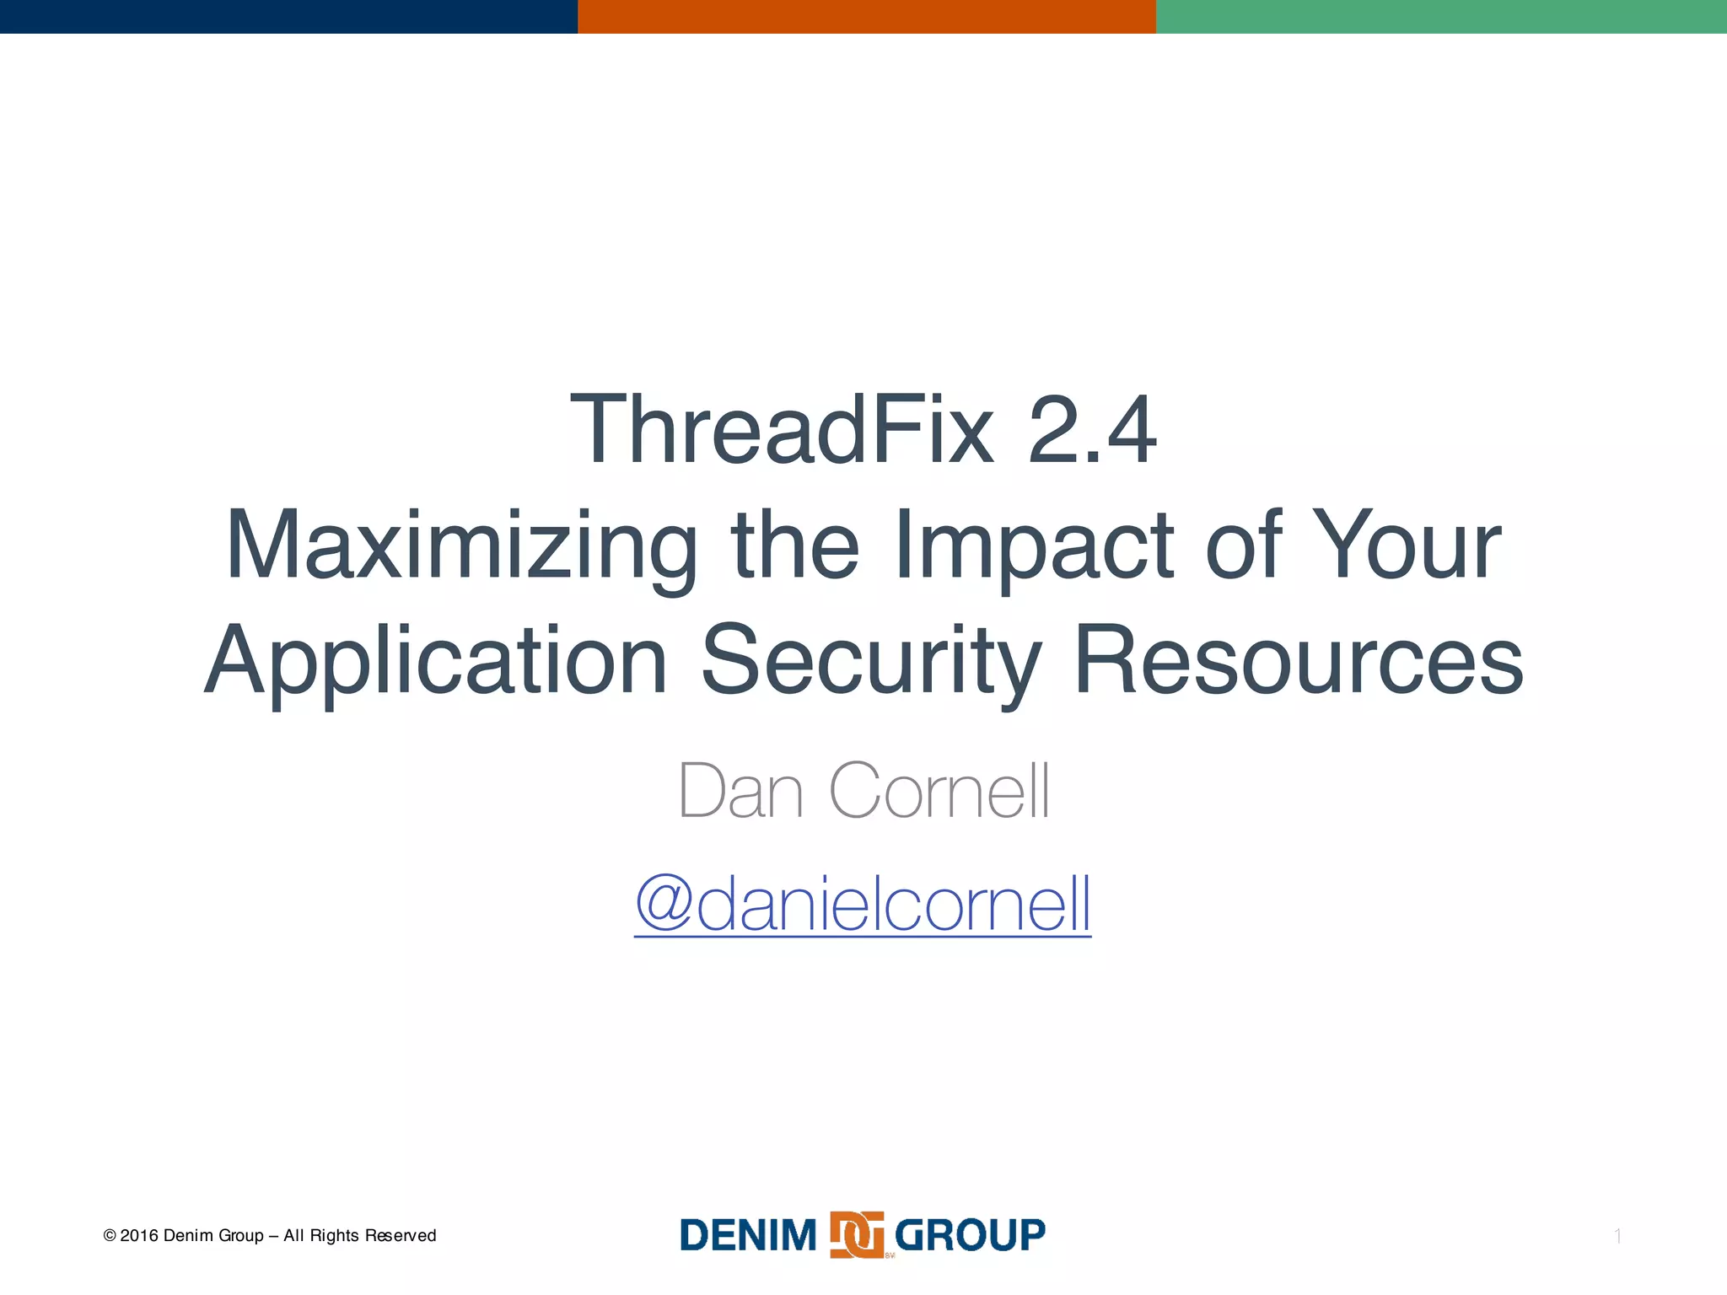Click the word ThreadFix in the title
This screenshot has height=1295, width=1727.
pos(782,430)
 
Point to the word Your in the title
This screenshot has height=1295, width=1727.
pos(1407,545)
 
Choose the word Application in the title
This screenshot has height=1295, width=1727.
pos(436,662)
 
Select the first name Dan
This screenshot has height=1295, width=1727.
pos(740,791)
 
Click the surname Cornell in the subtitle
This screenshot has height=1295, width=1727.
pos(939,791)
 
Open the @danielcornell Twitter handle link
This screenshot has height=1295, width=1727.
pos(863,904)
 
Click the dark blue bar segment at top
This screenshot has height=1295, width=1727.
pos(288,16)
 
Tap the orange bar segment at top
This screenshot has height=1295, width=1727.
pos(866,16)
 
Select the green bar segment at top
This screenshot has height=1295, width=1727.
pos(1441,16)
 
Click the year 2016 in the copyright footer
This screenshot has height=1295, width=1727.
pos(139,1236)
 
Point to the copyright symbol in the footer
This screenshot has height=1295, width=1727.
pos(110,1236)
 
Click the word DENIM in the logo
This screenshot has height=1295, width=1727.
pos(748,1236)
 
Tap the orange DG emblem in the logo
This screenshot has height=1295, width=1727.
pos(857,1235)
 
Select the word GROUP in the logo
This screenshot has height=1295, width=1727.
pos(970,1236)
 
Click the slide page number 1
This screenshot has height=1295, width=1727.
pos(1617,1237)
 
